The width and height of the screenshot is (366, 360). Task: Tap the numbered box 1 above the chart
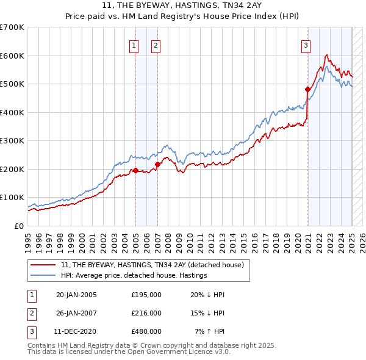point(134,45)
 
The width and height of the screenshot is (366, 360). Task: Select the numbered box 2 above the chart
point(156,45)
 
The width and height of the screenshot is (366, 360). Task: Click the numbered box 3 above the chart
point(306,45)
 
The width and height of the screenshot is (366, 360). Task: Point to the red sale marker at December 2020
point(308,90)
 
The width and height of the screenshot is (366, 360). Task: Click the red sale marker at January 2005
point(135,171)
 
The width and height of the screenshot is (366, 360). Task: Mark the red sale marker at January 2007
point(157,164)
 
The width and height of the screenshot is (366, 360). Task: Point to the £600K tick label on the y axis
point(12,56)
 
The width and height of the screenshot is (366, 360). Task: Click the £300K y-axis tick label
point(12,140)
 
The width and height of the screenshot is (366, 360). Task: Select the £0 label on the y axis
point(20,226)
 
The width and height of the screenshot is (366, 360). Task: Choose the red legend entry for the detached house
point(152,265)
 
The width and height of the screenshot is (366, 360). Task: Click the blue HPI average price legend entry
point(134,275)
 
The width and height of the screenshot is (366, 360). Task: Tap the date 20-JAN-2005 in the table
point(76,295)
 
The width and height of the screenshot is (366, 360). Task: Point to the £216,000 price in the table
point(146,312)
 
